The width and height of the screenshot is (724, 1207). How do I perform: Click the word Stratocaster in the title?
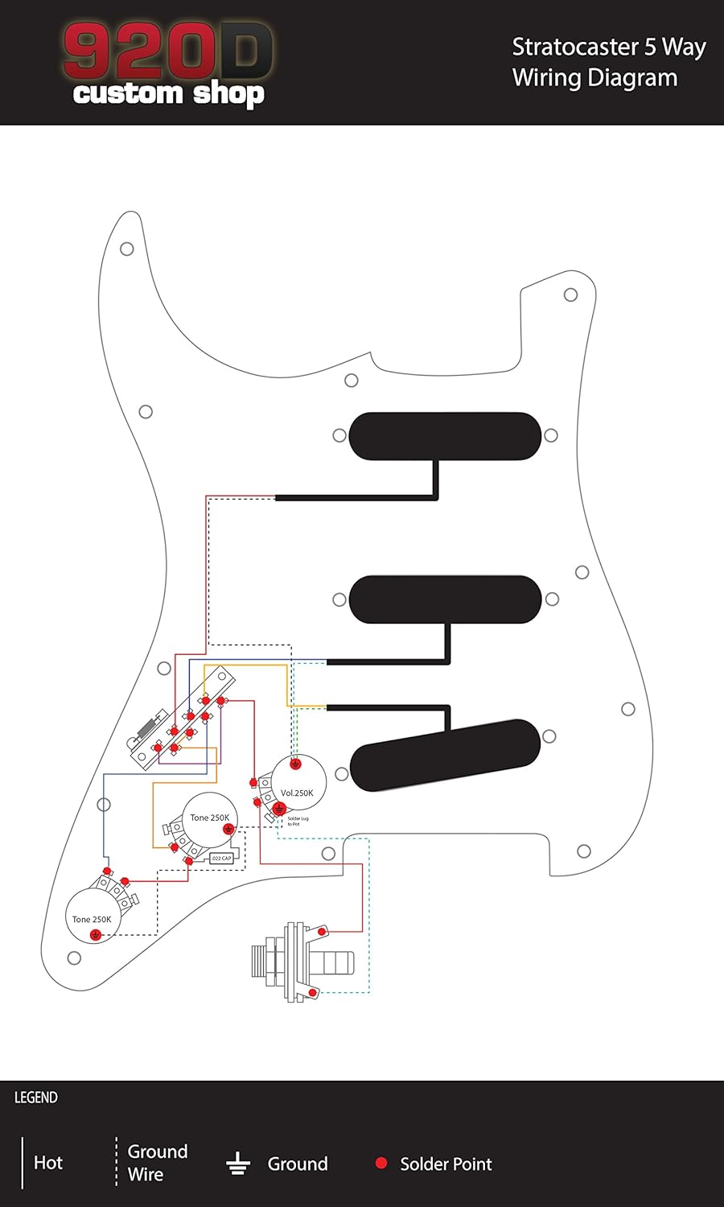(575, 47)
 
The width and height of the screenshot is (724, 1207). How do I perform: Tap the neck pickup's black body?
(445, 435)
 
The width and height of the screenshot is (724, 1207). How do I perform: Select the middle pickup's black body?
(445, 599)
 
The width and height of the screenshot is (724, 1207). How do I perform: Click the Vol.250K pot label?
(297, 793)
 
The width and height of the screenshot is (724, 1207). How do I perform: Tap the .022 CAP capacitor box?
(221, 858)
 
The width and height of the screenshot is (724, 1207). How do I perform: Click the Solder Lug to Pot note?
(298, 822)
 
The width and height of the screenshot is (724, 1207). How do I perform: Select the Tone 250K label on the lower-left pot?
(92, 919)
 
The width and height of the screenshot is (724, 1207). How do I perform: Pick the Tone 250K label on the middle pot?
(209, 818)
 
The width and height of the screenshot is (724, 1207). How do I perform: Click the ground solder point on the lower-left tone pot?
(96, 935)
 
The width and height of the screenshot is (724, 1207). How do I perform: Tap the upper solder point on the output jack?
(322, 932)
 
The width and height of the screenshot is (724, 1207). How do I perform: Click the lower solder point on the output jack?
(313, 993)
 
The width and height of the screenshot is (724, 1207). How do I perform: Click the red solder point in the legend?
(381, 1163)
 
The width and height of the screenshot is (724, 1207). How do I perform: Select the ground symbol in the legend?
(237, 1164)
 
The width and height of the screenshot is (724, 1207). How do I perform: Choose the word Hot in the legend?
(48, 1163)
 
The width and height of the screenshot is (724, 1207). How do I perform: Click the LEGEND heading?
(36, 1098)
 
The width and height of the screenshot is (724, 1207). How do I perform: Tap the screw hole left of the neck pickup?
(339, 435)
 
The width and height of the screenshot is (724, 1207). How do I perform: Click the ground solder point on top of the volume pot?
(295, 764)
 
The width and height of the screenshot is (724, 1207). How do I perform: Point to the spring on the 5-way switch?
(147, 728)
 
